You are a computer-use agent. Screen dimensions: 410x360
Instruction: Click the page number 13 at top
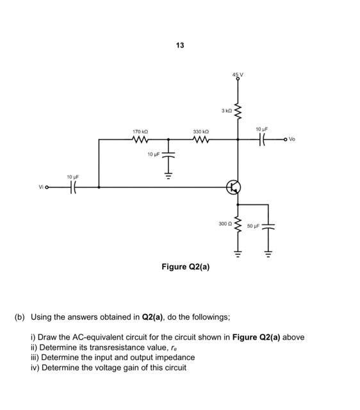[x=179, y=45]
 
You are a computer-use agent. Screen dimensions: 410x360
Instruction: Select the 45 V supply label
[x=238, y=76]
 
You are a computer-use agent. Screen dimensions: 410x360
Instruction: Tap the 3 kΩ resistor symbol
[x=238, y=111]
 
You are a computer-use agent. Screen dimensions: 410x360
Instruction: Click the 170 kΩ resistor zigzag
[x=140, y=139]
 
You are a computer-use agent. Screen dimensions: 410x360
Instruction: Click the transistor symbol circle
[x=234, y=187]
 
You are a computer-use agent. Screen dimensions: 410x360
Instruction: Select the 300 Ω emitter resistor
[x=238, y=225]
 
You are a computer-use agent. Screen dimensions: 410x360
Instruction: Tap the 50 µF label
[x=254, y=225]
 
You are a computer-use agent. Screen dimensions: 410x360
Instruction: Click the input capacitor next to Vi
[x=74, y=187]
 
